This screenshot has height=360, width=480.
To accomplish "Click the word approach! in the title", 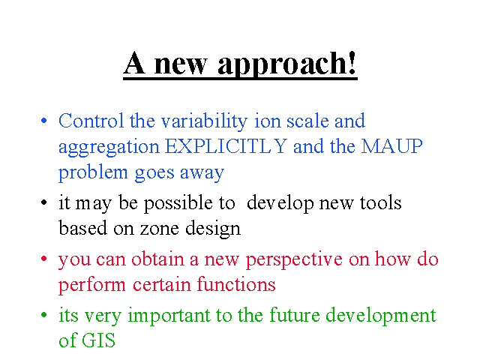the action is (287, 64).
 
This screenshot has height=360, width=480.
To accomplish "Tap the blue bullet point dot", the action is (44, 120).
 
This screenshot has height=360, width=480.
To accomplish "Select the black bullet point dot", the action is (44, 202).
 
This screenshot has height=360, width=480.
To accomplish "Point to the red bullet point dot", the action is (44, 259).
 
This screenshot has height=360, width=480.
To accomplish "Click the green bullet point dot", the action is (44, 314).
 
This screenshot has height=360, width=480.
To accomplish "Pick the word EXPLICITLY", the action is (226, 146).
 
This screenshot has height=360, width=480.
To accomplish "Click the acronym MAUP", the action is (391, 146).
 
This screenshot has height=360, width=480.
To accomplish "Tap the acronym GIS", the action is (98, 340).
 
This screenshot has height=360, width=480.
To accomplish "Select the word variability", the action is (204, 121).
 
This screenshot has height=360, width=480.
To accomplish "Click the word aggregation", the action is (109, 148).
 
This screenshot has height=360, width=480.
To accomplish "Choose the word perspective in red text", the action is (294, 260).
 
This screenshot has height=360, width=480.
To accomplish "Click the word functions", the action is (236, 283).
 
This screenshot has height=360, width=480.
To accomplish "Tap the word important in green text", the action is (169, 316).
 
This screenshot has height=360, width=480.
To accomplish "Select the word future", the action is (295, 315).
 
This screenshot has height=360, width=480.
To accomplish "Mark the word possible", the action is (178, 203).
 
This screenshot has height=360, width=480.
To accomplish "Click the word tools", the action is (380, 202).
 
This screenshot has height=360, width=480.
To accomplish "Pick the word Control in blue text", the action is (91, 120).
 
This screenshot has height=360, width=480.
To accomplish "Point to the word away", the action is (202, 173).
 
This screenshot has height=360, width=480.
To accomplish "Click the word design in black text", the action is (213, 229).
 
